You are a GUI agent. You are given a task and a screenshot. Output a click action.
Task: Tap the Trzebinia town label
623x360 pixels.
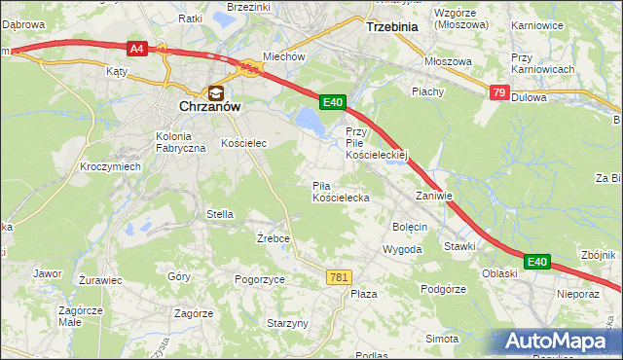click(x=390, y=27)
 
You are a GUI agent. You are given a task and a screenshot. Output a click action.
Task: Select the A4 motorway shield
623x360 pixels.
click(x=136, y=47)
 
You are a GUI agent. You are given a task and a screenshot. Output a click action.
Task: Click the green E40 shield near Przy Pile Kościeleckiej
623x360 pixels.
click(x=333, y=101)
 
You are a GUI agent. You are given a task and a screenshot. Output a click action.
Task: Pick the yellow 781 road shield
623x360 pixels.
click(x=338, y=277)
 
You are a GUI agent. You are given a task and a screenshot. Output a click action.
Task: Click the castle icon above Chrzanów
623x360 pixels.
click(x=215, y=92)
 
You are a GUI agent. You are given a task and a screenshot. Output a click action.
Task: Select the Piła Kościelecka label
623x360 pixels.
click(x=340, y=191)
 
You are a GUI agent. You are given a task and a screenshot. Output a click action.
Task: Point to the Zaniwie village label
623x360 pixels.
click(x=434, y=196)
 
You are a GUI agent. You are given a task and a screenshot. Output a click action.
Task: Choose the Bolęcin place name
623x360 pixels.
click(x=410, y=227)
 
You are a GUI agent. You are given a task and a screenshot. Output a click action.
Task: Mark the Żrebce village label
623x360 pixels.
click(x=274, y=238)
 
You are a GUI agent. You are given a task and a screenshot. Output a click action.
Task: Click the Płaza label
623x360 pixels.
click(x=363, y=294)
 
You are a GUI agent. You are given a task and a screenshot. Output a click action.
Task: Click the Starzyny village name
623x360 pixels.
click(x=287, y=323)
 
